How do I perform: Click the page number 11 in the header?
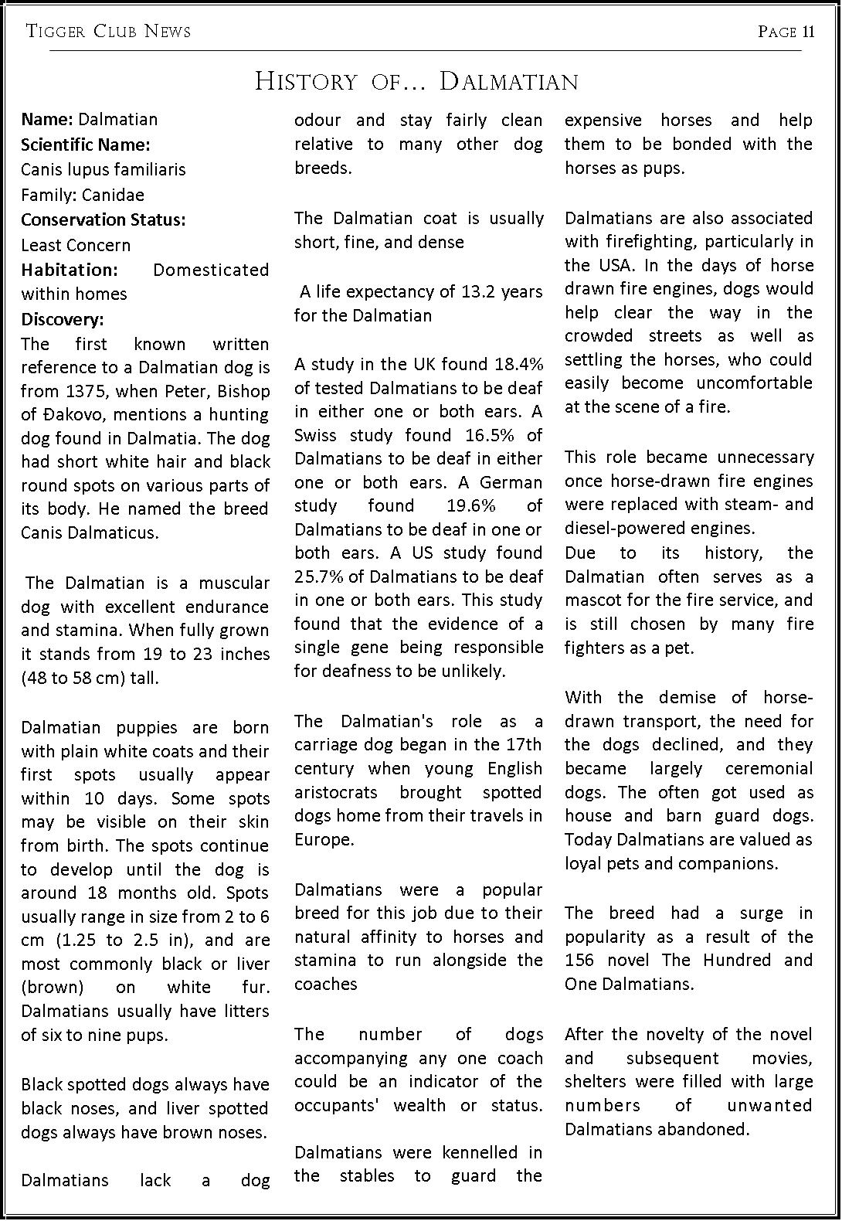(808, 32)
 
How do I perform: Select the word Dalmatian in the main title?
(509, 82)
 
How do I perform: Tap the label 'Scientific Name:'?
(86, 145)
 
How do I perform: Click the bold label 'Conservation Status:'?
(104, 219)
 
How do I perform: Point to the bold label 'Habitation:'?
(70, 270)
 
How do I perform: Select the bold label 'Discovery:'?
(63, 319)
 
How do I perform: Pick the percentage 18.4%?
(519, 364)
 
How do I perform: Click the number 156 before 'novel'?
(579, 961)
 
